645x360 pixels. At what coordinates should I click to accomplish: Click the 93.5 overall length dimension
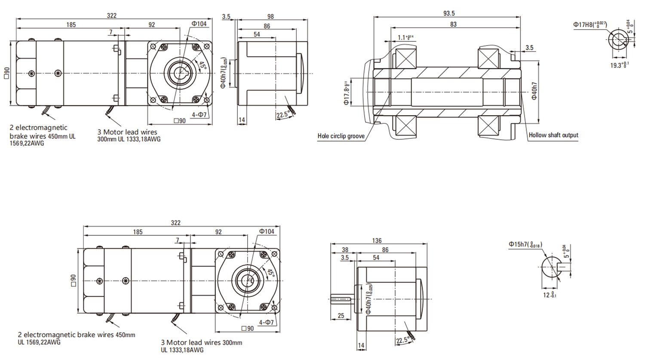pyautogui.click(x=449, y=13)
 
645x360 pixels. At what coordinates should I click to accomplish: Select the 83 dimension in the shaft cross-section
pyautogui.click(x=453, y=25)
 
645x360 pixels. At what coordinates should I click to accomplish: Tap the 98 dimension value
pyautogui.click(x=270, y=16)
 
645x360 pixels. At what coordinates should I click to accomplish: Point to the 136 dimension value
pyautogui.click(x=377, y=240)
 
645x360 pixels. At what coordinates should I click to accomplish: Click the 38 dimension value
pyautogui.click(x=345, y=249)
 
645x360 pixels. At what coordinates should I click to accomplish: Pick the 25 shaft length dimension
pyautogui.click(x=341, y=316)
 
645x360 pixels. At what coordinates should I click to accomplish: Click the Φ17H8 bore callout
pyautogui.click(x=590, y=25)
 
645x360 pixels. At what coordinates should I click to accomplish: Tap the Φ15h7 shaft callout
pyautogui.click(x=525, y=244)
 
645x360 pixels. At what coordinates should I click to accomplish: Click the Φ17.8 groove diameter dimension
pyautogui.click(x=347, y=93)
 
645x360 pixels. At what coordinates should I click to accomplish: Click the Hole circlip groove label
pyautogui.click(x=341, y=136)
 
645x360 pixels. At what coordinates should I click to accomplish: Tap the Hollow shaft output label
pyautogui.click(x=553, y=135)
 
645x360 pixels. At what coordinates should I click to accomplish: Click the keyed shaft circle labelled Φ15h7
pyautogui.click(x=551, y=267)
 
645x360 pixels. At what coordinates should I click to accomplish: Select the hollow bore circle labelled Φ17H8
pyautogui.click(x=618, y=40)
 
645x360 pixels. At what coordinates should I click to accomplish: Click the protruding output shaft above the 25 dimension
pyautogui.click(x=341, y=298)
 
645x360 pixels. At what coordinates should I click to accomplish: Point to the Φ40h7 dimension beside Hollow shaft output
pyautogui.click(x=534, y=91)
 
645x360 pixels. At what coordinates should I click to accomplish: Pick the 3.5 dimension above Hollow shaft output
pyautogui.click(x=529, y=48)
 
